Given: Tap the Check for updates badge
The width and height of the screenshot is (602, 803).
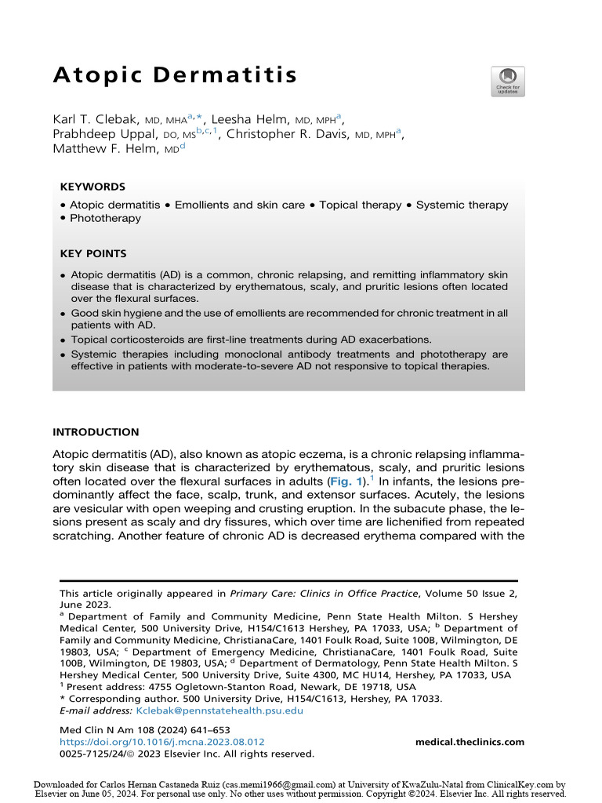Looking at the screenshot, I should point(507,82).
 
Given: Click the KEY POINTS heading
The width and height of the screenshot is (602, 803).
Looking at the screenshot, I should point(92,254).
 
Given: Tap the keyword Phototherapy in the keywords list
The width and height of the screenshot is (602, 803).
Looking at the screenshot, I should point(105,218).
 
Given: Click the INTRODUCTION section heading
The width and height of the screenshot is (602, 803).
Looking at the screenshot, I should point(95,432).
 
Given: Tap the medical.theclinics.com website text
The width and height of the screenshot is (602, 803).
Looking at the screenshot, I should point(470,742).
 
